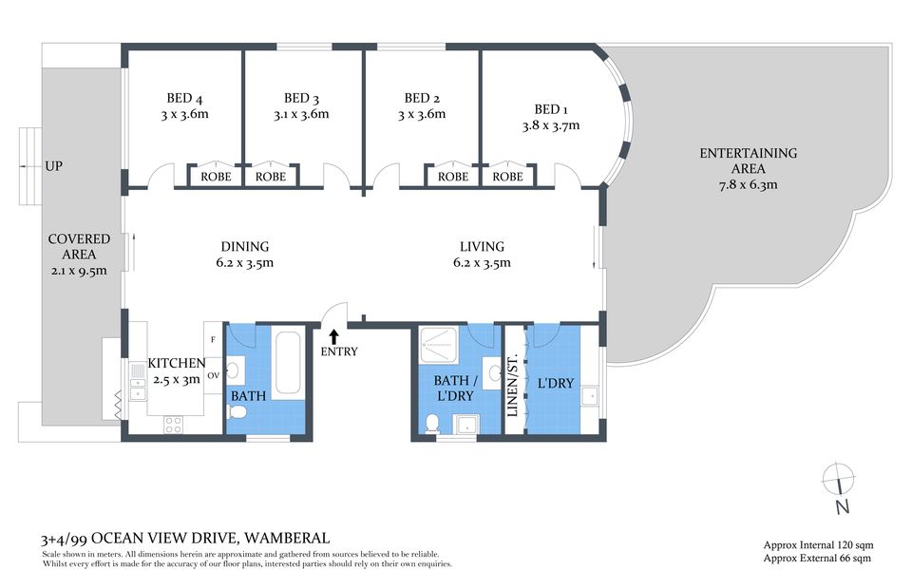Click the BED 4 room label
[x=184, y=98]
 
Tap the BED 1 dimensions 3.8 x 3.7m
[x=551, y=125]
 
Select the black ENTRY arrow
[x=333, y=336]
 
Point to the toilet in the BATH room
[x=236, y=412]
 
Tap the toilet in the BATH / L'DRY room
[x=431, y=424]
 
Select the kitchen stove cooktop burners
[x=173, y=425]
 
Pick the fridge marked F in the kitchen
[x=213, y=339]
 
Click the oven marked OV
[x=214, y=375]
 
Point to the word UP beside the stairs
[x=53, y=166]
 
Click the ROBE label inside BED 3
[x=271, y=177]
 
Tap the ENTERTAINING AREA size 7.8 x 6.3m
[x=748, y=185]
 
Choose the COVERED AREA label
[x=79, y=247]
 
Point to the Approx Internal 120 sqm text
[x=818, y=545]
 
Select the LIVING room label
[x=483, y=247]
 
